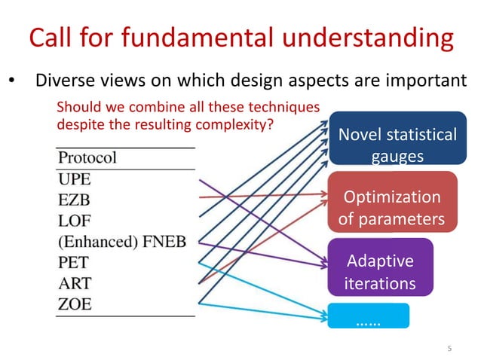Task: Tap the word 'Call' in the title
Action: (x=50, y=38)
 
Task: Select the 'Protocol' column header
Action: (x=87, y=158)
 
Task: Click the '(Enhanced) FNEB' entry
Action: (x=122, y=243)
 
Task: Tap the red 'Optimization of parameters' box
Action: (x=391, y=208)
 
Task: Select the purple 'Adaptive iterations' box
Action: (x=380, y=272)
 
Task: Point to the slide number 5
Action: (x=449, y=347)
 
